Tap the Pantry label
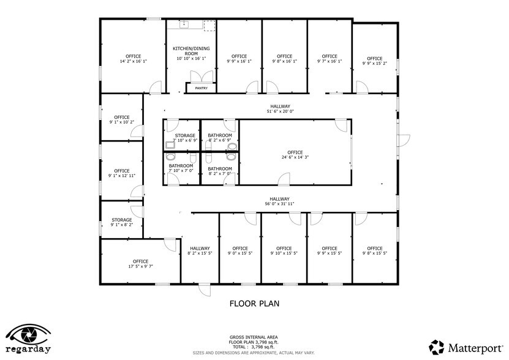[x=201, y=88]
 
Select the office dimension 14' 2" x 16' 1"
[x=133, y=61]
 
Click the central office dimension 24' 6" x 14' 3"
[x=295, y=157]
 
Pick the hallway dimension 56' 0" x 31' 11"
[x=279, y=203]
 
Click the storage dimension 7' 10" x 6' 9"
[x=185, y=141]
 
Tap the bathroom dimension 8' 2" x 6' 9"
[x=219, y=141]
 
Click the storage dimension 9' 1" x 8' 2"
[x=121, y=225]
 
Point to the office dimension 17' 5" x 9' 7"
[x=140, y=266]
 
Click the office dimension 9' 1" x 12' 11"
[x=121, y=176]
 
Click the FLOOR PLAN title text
[x=254, y=303]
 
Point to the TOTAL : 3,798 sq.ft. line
[x=254, y=347]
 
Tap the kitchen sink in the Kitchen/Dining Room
[x=183, y=25]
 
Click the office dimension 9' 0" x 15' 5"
[x=240, y=253]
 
